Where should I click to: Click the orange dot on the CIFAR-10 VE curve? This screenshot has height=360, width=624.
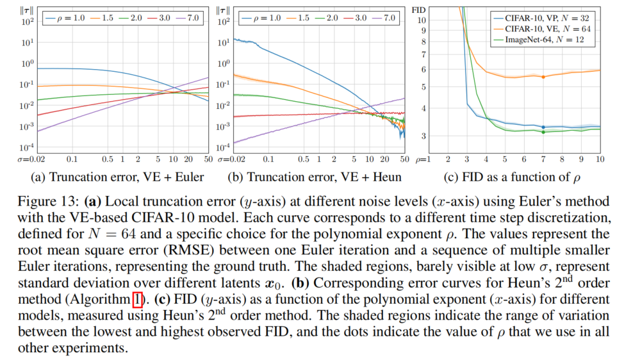click(543, 77)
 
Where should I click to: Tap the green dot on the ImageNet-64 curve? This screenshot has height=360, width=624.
click(543, 132)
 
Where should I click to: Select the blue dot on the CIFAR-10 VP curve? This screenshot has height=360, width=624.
click(543, 127)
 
